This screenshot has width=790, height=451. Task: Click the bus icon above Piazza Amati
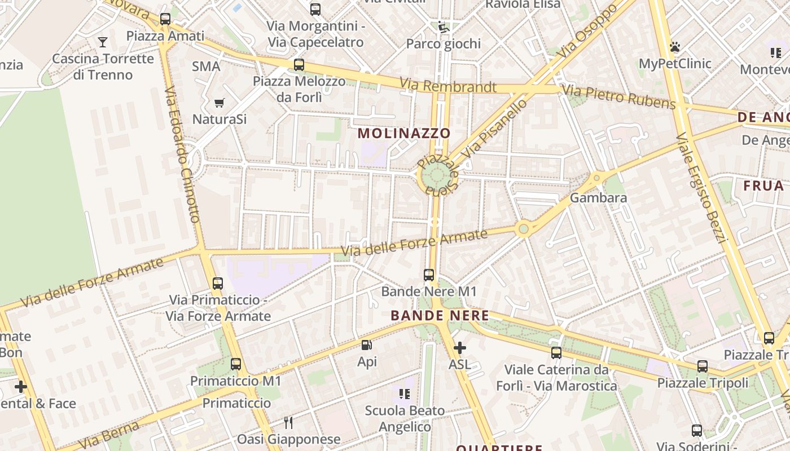pyautogui.click(x=165, y=19)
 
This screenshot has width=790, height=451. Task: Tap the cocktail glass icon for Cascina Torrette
pyautogui.click(x=103, y=42)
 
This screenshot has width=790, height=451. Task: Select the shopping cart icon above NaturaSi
pyautogui.click(x=220, y=103)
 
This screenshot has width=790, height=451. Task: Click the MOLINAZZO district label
pyautogui.click(x=404, y=134)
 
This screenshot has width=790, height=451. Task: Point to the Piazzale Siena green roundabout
pyautogui.click(x=436, y=177)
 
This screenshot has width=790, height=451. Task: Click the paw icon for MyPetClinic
pyautogui.click(x=674, y=47)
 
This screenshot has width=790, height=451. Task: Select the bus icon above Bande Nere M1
pyautogui.click(x=429, y=275)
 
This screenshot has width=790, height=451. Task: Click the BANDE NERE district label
pyautogui.click(x=440, y=316)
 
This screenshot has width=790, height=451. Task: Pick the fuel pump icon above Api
pyautogui.click(x=367, y=345)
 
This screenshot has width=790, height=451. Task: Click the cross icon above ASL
pyautogui.click(x=460, y=348)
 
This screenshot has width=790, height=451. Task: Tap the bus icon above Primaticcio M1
pyautogui.click(x=236, y=364)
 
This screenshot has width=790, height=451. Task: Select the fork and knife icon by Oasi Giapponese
pyautogui.click(x=288, y=422)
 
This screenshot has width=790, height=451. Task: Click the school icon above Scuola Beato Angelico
pyautogui.click(x=405, y=393)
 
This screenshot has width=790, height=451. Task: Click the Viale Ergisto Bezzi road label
pyautogui.click(x=702, y=186)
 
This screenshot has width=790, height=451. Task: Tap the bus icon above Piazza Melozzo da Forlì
pyautogui.click(x=299, y=65)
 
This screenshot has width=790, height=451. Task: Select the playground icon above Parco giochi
pyautogui.click(x=444, y=27)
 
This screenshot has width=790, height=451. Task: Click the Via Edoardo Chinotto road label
pyautogui.click(x=182, y=154)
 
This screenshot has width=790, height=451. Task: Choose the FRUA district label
pyautogui.click(x=763, y=186)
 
